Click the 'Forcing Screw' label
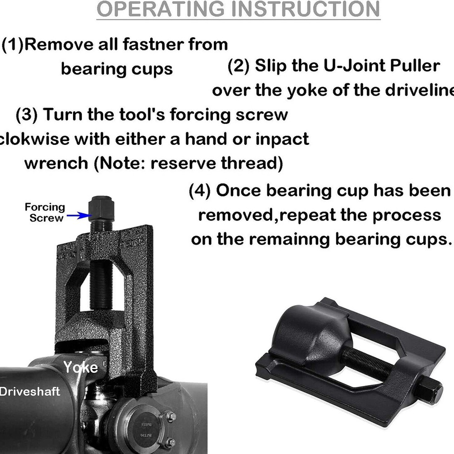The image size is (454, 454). pyautogui.click(x=44, y=212)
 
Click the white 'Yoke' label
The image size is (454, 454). pyautogui.click(x=80, y=367)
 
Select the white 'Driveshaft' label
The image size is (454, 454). pyautogui.click(x=30, y=391)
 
